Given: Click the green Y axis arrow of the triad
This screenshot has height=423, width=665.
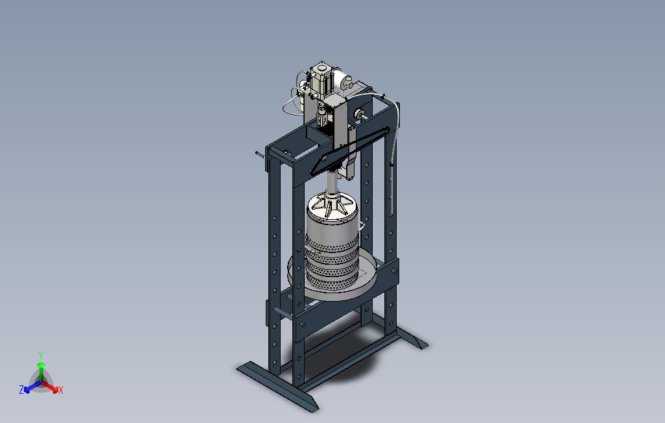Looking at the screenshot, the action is pos(41,372).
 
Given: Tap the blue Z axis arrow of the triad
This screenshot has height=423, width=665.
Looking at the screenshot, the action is pos(32,387).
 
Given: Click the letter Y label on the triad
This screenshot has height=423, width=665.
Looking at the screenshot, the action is pos(41,355).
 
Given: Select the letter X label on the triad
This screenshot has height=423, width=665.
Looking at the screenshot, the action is pos(61,390).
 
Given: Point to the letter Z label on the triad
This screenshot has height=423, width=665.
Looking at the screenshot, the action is pos(21,389).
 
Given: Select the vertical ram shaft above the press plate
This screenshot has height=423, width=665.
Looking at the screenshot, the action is pos(332,180).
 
